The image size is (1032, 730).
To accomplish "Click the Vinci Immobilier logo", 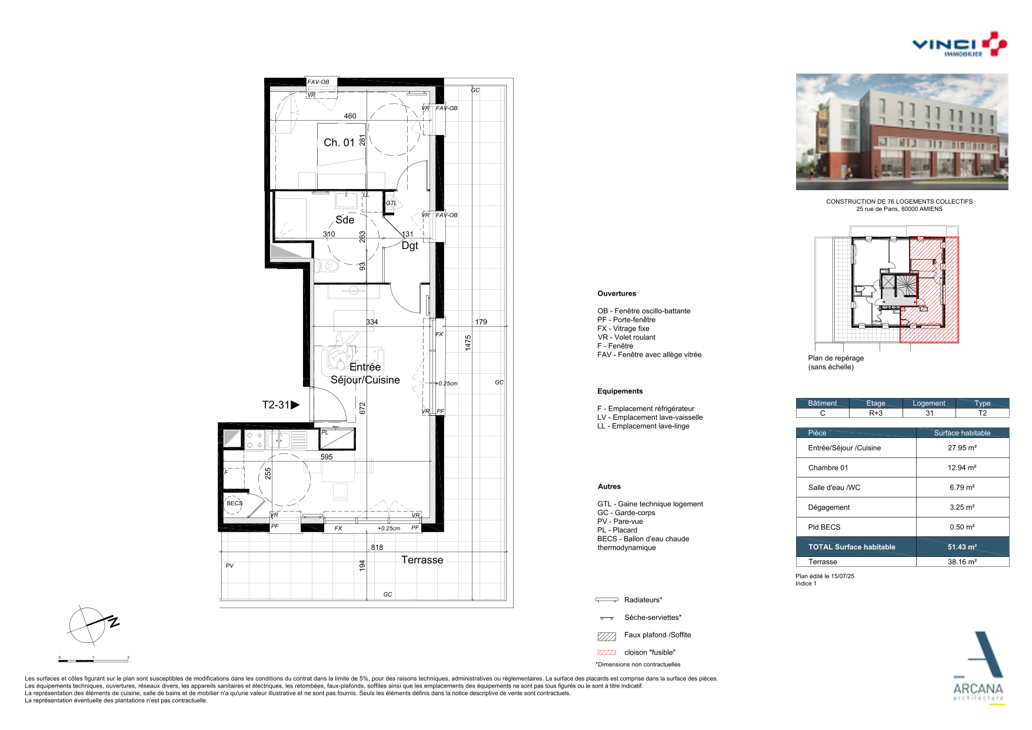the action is tap(959, 44).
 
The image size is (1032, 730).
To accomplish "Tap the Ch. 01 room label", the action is tap(339, 142).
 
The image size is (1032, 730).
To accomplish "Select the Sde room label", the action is tap(345, 220).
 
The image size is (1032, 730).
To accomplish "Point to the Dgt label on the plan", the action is tap(410, 245).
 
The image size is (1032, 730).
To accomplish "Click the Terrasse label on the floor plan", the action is tap(422, 560).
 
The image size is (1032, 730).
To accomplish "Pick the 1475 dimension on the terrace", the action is tap(468, 343).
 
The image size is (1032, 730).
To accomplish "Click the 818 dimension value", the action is tap(377, 547).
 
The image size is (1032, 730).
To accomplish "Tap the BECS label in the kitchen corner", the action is tap(235, 503).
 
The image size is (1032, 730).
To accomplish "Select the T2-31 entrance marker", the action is tap(281, 405).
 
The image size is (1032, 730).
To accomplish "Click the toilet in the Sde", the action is tap(329, 266).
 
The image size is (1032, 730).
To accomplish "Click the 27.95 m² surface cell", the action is tap(962, 448).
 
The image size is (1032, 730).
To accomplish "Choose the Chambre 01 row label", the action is tap(828, 468).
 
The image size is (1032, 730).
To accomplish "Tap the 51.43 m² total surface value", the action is tap(962, 547).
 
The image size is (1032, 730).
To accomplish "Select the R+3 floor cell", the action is tap(875, 413).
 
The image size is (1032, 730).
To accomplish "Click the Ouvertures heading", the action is tap(617, 294).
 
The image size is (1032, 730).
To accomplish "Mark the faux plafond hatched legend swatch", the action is tap(607, 636).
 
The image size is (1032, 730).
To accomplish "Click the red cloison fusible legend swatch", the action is tap(607, 652).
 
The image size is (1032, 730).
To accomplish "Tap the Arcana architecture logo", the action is tap(978, 668).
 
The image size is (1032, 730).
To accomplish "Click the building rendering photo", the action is tap(902, 132).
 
